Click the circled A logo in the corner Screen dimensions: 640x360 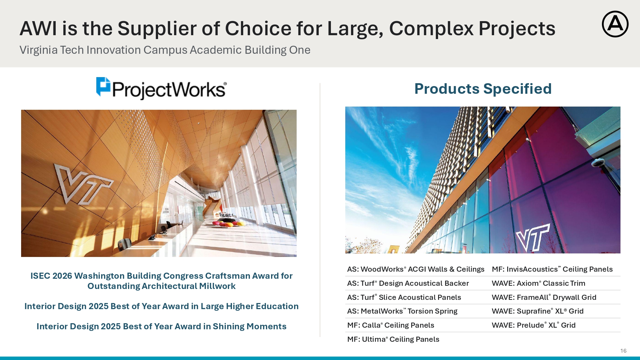[615, 24]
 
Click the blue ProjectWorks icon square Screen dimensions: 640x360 [103, 86]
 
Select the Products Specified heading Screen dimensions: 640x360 [483, 89]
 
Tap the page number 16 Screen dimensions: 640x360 [623, 351]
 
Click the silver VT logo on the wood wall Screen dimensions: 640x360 [83, 184]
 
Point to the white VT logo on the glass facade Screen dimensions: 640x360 [533, 237]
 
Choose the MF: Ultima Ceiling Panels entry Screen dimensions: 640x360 [393, 339]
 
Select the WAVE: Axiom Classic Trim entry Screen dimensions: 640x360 [538, 283]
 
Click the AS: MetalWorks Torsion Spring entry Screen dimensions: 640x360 [402, 311]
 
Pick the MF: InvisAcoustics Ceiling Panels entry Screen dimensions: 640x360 [552, 269]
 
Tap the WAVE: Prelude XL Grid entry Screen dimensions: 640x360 [533, 325]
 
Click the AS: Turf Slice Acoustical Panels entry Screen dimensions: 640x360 [404, 297]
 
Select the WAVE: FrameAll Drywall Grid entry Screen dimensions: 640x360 [544, 297]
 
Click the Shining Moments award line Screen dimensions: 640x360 [161, 326]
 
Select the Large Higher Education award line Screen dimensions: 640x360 [161, 306]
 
